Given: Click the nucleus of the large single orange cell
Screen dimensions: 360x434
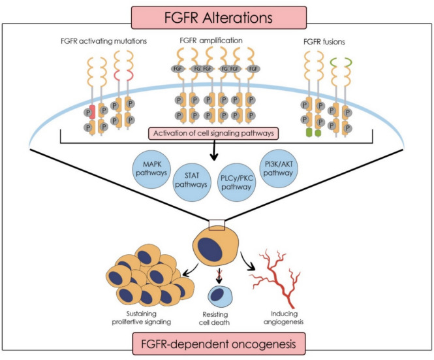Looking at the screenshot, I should [211, 250].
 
